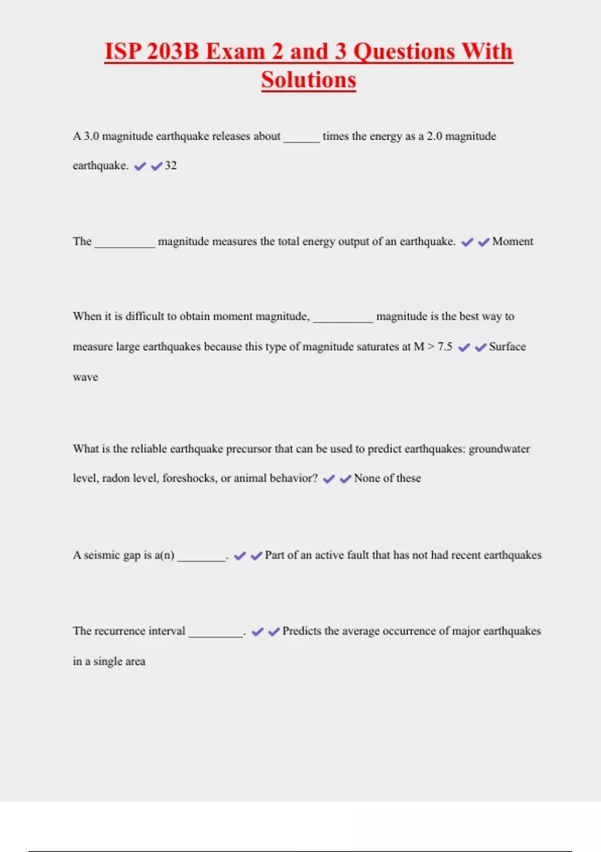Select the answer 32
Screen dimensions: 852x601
[x=171, y=166]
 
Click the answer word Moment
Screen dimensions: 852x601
[x=512, y=242]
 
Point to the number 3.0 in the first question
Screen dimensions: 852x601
[x=91, y=136]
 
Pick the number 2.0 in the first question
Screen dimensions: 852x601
[x=434, y=136]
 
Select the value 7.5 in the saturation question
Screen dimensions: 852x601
[x=445, y=347]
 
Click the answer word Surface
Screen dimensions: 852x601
[x=507, y=347]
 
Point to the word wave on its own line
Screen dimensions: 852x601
[x=85, y=377]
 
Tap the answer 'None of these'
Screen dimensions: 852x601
[x=387, y=479]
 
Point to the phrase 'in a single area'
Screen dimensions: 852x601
[x=109, y=662]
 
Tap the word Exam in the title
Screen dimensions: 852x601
[x=235, y=52]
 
